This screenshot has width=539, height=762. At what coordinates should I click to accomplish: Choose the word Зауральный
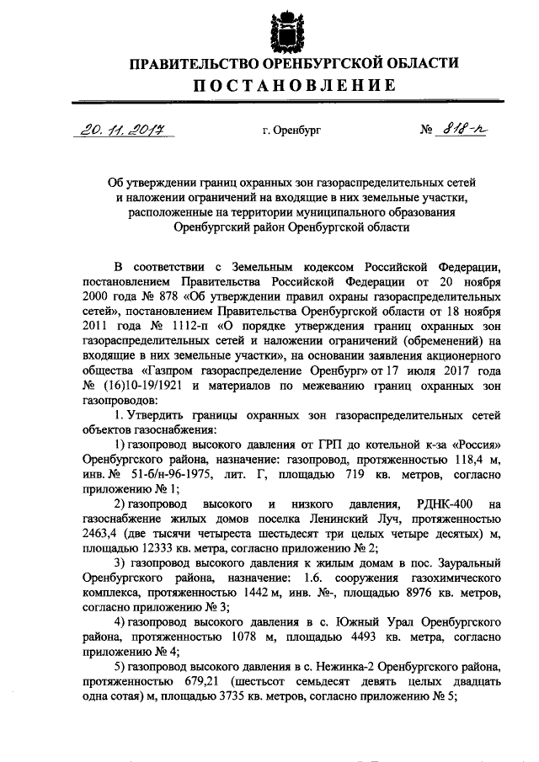pyautogui.click(x=467, y=564)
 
